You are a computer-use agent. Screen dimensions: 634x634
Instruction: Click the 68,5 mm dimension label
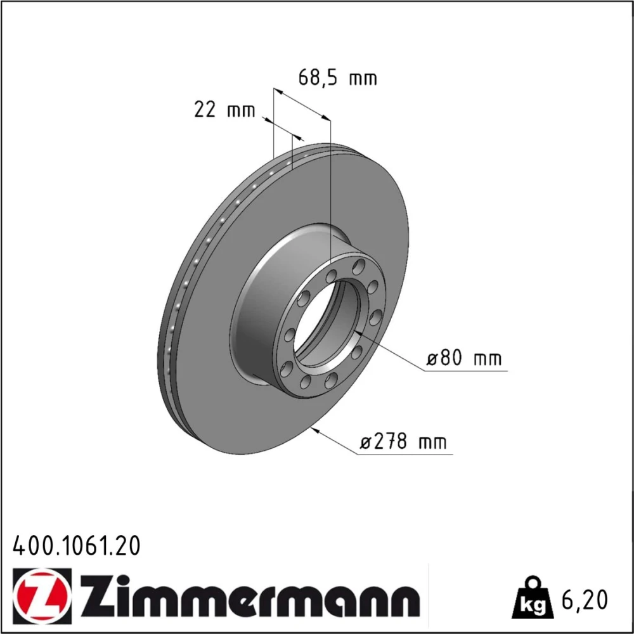pyautogui.click(x=337, y=77)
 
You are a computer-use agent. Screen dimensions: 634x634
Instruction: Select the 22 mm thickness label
pyautogui.click(x=225, y=110)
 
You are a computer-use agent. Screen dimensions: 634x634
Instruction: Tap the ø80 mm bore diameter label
pyautogui.click(x=464, y=358)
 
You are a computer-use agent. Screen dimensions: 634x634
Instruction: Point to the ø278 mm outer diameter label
pyautogui.click(x=403, y=441)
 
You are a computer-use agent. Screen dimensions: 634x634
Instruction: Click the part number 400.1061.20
pyautogui.click(x=77, y=546)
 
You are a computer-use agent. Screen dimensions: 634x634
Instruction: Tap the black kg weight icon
pyautogui.click(x=532, y=598)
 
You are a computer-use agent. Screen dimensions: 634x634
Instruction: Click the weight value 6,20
pyautogui.click(x=585, y=600)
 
